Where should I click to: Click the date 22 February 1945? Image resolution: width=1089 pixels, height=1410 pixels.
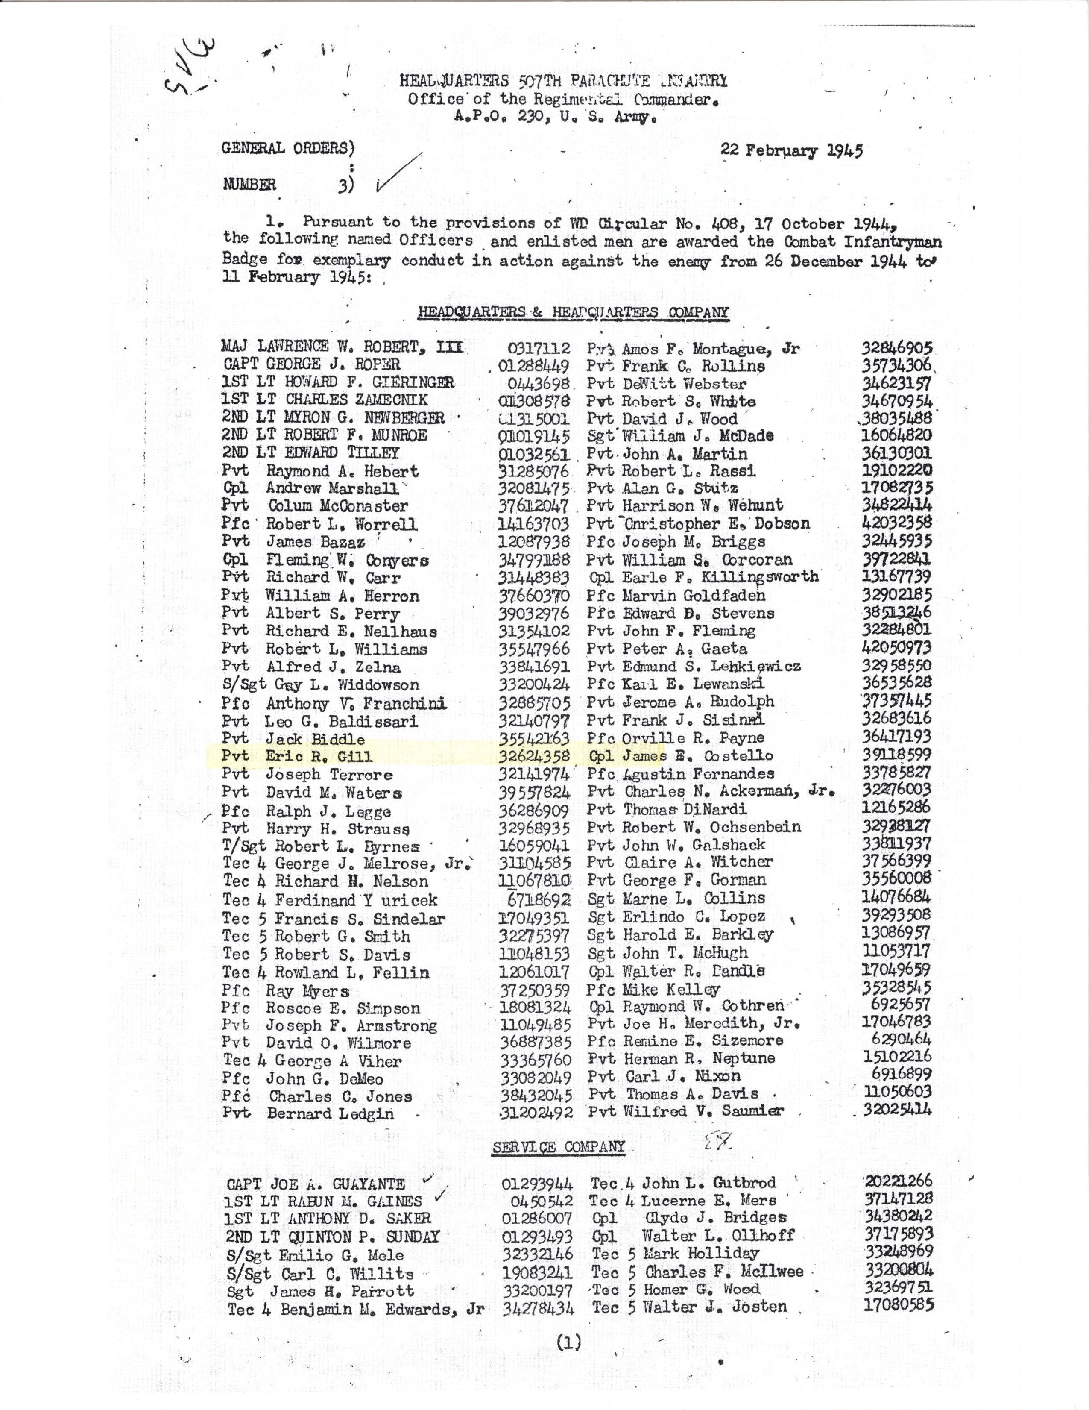pyautogui.click(x=792, y=151)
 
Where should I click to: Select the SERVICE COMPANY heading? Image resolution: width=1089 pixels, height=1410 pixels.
pyautogui.click(x=559, y=1147)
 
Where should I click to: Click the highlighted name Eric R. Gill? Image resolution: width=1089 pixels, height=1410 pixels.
pyautogui.click(x=319, y=756)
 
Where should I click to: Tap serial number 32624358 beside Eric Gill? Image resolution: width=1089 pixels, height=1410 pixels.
pyautogui.click(x=534, y=756)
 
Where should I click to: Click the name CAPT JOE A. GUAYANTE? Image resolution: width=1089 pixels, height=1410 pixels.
pyautogui.click(x=316, y=1184)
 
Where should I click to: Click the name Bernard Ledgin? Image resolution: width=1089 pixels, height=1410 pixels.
pyautogui.click(x=330, y=1113)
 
